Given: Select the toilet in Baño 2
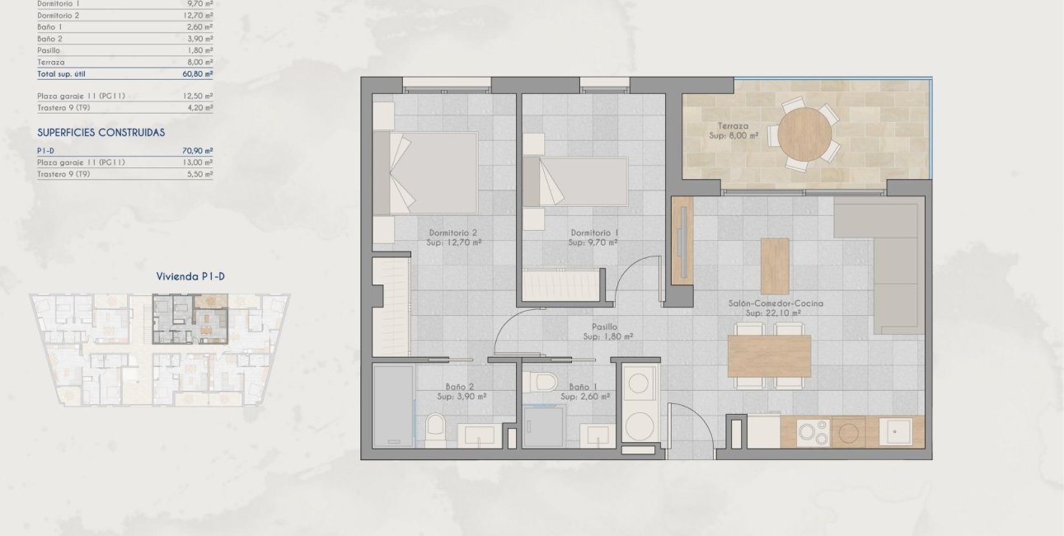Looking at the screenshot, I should [x=436, y=427].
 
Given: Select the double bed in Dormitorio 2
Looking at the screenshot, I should [x=425, y=173].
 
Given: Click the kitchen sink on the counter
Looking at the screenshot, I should [x=895, y=431].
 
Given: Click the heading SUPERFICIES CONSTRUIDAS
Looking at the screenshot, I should [x=101, y=132].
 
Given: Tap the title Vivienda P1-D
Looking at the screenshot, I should [x=190, y=277].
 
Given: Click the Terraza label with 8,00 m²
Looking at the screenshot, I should [x=733, y=130].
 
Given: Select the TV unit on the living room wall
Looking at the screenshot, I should [x=682, y=239].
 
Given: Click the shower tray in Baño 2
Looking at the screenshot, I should [x=393, y=406].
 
